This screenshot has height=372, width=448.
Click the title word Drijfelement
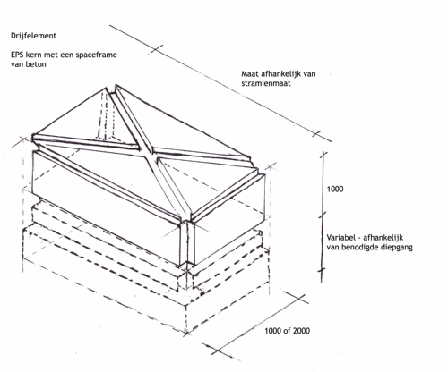point(33,36)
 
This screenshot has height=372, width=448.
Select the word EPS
point(18,55)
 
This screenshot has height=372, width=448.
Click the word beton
point(37,64)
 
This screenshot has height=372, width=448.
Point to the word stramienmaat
point(266,83)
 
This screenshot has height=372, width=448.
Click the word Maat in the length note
point(249,73)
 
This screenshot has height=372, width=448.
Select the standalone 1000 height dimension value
point(335,189)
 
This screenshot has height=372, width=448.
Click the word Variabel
point(340,238)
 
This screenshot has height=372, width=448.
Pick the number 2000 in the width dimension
point(301,331)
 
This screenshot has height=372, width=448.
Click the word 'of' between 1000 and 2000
point(287,331)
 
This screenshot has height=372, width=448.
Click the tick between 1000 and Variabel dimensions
point(323,216)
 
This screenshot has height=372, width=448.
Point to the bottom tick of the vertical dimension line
point(322,271)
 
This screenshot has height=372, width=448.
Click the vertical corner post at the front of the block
point(187,243)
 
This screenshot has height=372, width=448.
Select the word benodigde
point(358,248)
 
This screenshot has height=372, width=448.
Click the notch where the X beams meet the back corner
point(111,89)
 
